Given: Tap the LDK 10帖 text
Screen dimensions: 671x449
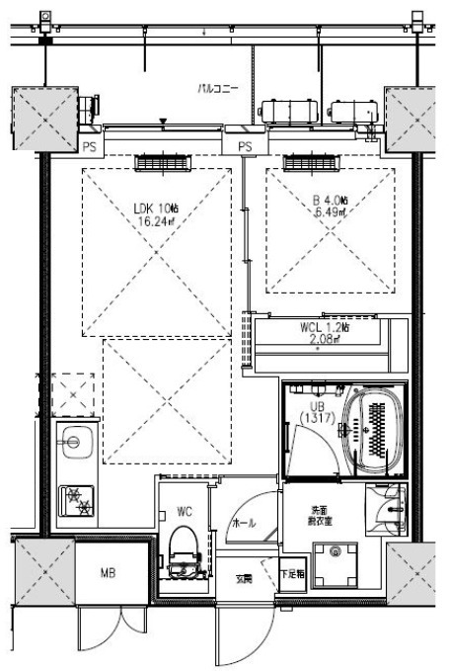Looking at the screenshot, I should (x=157, y=208).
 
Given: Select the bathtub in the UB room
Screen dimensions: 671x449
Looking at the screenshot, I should (x=374, y=432).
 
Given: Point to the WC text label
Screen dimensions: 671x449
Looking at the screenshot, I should (x=183, y=512).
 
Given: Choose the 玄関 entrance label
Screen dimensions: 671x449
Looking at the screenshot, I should (x=242, y=578).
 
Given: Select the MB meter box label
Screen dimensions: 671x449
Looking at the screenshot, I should (x=110, y=572).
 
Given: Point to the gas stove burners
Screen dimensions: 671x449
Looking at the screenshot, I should (x=77, y=499).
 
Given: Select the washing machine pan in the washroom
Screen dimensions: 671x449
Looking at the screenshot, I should (x=336, y=564).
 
